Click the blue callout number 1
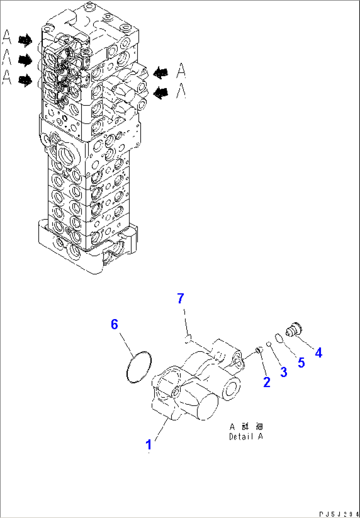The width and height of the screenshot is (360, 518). point(149,444)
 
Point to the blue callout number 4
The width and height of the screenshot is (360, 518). point(318,353)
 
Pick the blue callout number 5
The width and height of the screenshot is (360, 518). point(301,362)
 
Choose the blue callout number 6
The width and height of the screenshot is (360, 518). point(114,325)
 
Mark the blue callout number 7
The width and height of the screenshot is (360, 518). point(180,299)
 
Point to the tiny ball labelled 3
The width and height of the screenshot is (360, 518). point(269,344)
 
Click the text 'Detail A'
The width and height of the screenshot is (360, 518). point(246,436)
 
